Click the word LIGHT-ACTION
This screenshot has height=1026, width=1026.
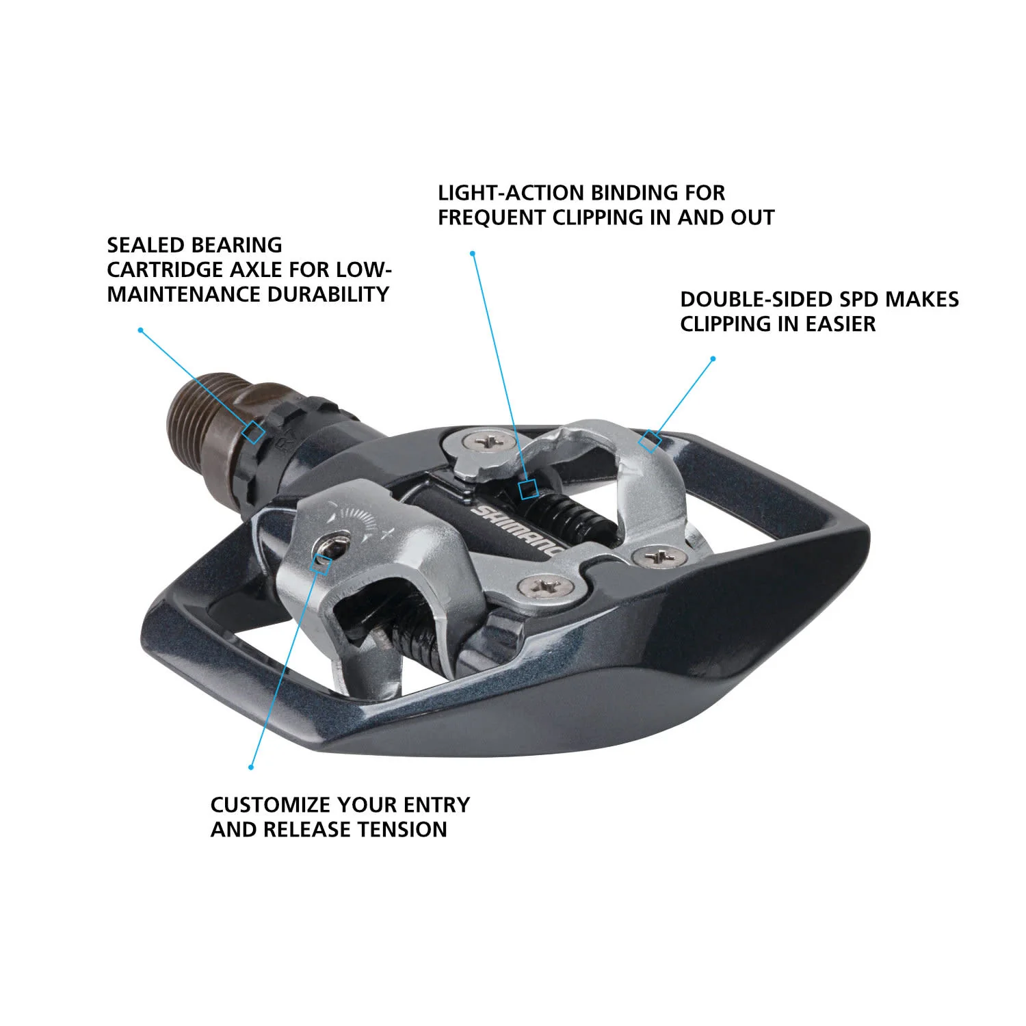coord(510,193)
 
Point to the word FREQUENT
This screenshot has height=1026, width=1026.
coord(492,218)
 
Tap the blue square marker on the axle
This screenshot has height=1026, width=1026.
coord(254,432)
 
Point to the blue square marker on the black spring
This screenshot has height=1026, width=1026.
coord(527,489)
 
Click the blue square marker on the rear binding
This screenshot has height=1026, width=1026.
coord(649,441)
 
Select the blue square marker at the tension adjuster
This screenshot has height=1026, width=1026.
coord(321,564)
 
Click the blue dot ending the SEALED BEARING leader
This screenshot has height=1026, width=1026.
coord(140,330)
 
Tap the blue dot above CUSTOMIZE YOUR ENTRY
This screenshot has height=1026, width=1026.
coord(251,767)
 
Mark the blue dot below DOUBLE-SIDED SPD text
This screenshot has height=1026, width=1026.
coord(713,358)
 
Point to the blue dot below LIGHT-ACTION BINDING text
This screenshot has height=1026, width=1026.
coord(473,253)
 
